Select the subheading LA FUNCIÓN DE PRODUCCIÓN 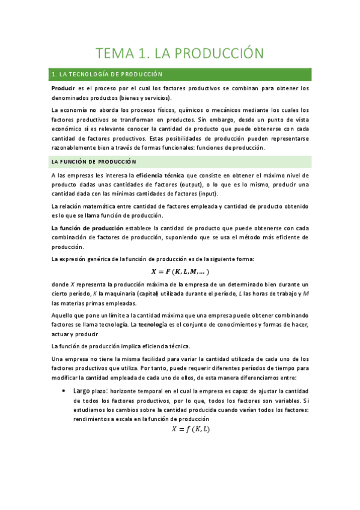click(94, 161)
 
